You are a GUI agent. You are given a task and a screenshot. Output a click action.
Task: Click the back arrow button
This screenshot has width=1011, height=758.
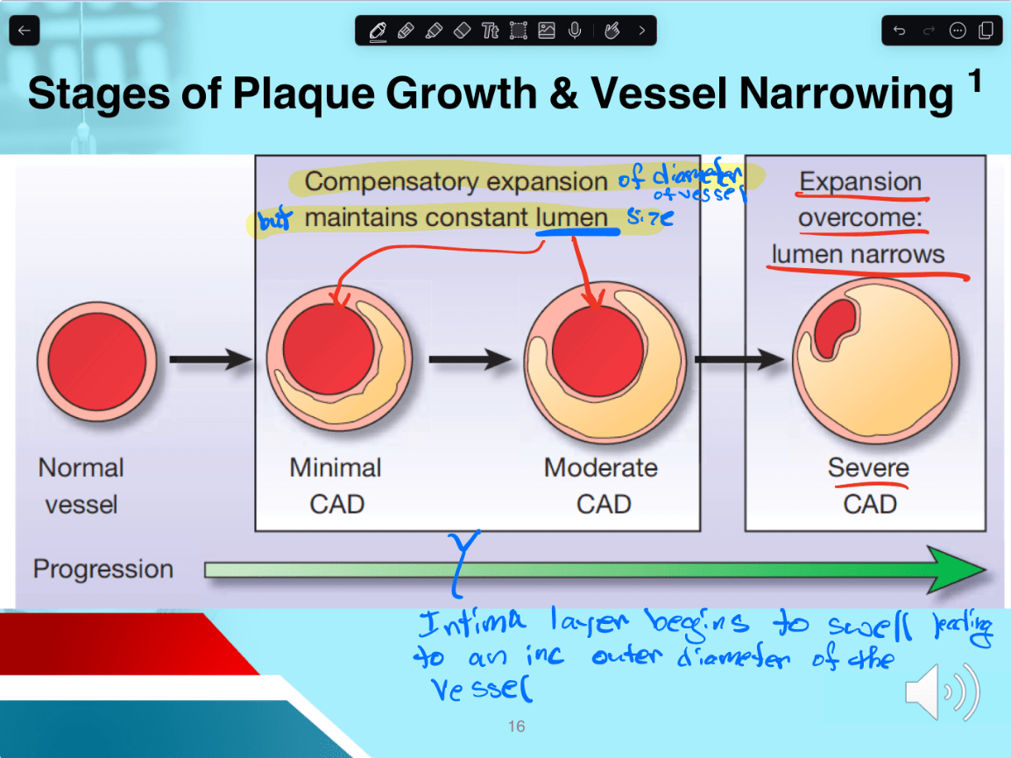25,31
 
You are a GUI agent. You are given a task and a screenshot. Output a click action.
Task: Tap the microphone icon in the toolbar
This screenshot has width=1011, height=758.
575,31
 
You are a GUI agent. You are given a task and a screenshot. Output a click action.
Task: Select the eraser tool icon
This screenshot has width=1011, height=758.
463,31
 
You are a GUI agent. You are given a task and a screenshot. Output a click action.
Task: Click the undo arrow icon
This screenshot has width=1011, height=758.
900,31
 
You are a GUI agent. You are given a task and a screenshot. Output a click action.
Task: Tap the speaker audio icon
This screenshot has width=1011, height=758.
942,691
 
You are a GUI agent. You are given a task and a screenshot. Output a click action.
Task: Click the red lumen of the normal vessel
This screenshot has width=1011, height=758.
96,361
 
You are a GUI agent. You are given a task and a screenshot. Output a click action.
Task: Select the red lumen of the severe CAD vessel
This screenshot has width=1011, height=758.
835,329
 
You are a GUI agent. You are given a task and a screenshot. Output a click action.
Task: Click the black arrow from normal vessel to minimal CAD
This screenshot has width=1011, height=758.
210,359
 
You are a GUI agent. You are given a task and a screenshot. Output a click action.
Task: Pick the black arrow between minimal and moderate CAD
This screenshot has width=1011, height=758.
470,359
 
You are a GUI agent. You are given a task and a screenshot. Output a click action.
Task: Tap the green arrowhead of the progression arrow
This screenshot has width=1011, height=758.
956,570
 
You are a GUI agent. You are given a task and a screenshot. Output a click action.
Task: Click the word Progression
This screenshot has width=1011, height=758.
103,569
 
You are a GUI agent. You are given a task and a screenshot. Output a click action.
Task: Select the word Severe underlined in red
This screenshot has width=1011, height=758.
868,467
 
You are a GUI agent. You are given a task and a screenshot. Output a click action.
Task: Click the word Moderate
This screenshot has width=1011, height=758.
600,468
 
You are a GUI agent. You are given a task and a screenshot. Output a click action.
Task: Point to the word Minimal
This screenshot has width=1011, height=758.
336,468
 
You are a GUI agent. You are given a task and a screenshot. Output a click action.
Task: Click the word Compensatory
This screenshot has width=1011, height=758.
392,182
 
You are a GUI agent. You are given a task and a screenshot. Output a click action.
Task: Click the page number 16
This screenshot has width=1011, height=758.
517,726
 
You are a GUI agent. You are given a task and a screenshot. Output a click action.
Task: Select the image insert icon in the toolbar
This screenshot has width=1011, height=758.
546,31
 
